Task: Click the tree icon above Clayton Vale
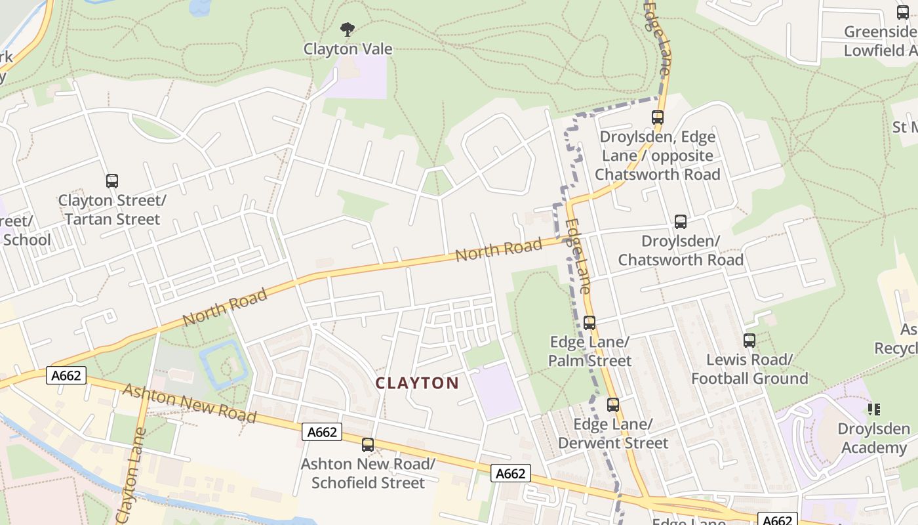click(348, 29)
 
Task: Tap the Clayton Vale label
click(348, 49)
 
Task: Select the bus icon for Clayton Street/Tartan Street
click(112, 180)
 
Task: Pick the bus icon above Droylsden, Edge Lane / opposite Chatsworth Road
click(658, 117)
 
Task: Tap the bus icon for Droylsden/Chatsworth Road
click(681, 222)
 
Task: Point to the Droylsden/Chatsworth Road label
click(681, 250)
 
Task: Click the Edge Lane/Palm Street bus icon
click(589, 322)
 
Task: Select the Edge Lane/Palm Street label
click(589, 351)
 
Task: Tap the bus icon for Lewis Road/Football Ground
click(749, 341)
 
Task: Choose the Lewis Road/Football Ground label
click(749, 369)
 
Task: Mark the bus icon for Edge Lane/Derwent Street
click(613, 405)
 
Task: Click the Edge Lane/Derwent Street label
click(613, 433)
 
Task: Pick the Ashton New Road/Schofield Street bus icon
click(368, 445)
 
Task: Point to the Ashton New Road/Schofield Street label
click(368, 473)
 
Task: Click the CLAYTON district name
click(417, 383)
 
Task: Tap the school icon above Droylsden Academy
click(873, 409)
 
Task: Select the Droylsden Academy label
click(873, 438)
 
